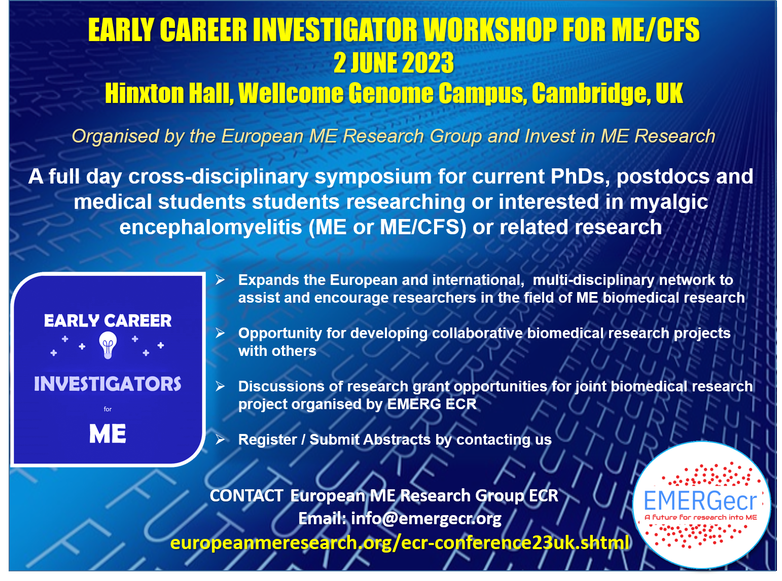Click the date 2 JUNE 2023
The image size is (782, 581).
click(394, 63)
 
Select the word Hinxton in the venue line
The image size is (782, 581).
click(145, 93)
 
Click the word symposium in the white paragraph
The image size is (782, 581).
click(373, 177)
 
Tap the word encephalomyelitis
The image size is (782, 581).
click(210, 228)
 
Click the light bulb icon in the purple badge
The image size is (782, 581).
click(108, 345)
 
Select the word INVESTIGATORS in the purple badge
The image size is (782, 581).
click(108, 384)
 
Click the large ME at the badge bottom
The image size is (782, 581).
click(108, 433)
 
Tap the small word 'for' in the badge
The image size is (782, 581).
click(108, 409)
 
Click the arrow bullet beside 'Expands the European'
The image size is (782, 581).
click(221, 280)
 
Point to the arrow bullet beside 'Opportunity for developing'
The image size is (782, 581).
click(221, 333)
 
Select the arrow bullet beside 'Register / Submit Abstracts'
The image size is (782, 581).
click(221, 440)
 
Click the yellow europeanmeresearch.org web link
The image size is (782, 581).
click(400, 542)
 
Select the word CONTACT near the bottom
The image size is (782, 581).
click(246, 496)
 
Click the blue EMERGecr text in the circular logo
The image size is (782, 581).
click(700, 500)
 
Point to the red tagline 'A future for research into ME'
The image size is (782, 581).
click(701, 518)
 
